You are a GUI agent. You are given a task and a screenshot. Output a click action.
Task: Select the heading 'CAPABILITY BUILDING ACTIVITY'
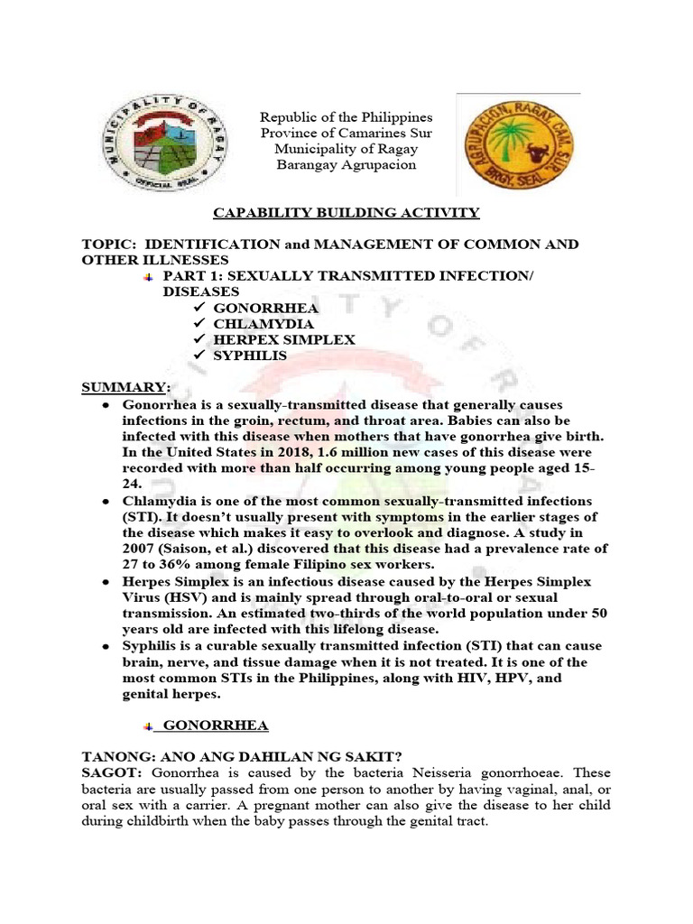tap(346, 213)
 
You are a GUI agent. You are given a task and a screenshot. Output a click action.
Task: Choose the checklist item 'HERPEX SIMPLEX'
tap(284, 340)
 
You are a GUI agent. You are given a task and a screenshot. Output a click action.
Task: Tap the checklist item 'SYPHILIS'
tap(250, 356)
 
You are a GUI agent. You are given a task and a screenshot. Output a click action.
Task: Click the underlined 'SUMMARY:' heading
tap(125, 387)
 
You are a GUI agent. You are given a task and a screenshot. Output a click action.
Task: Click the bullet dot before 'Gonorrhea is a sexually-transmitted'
tap(106, 405)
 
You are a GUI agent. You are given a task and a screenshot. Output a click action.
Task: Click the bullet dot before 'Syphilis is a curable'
tap(106, 646)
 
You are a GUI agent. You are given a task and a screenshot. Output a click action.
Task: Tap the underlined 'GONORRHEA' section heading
tap(217, 725)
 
